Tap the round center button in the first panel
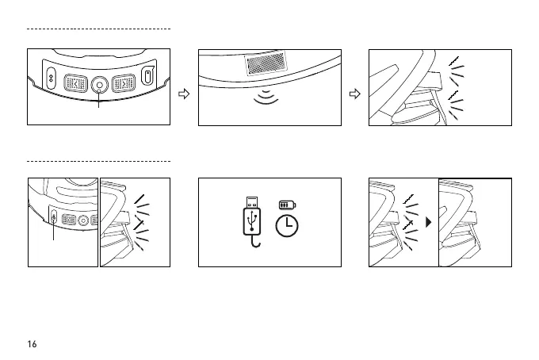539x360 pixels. (99, 84)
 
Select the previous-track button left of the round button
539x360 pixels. (75, 83)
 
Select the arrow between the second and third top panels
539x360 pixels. (355, 94)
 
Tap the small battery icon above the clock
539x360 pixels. (286, 205)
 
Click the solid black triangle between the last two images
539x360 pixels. (429, 223)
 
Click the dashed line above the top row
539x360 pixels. (99, 29)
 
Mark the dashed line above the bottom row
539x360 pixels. (99, 160)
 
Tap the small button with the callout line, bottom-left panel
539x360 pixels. (53, 219)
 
